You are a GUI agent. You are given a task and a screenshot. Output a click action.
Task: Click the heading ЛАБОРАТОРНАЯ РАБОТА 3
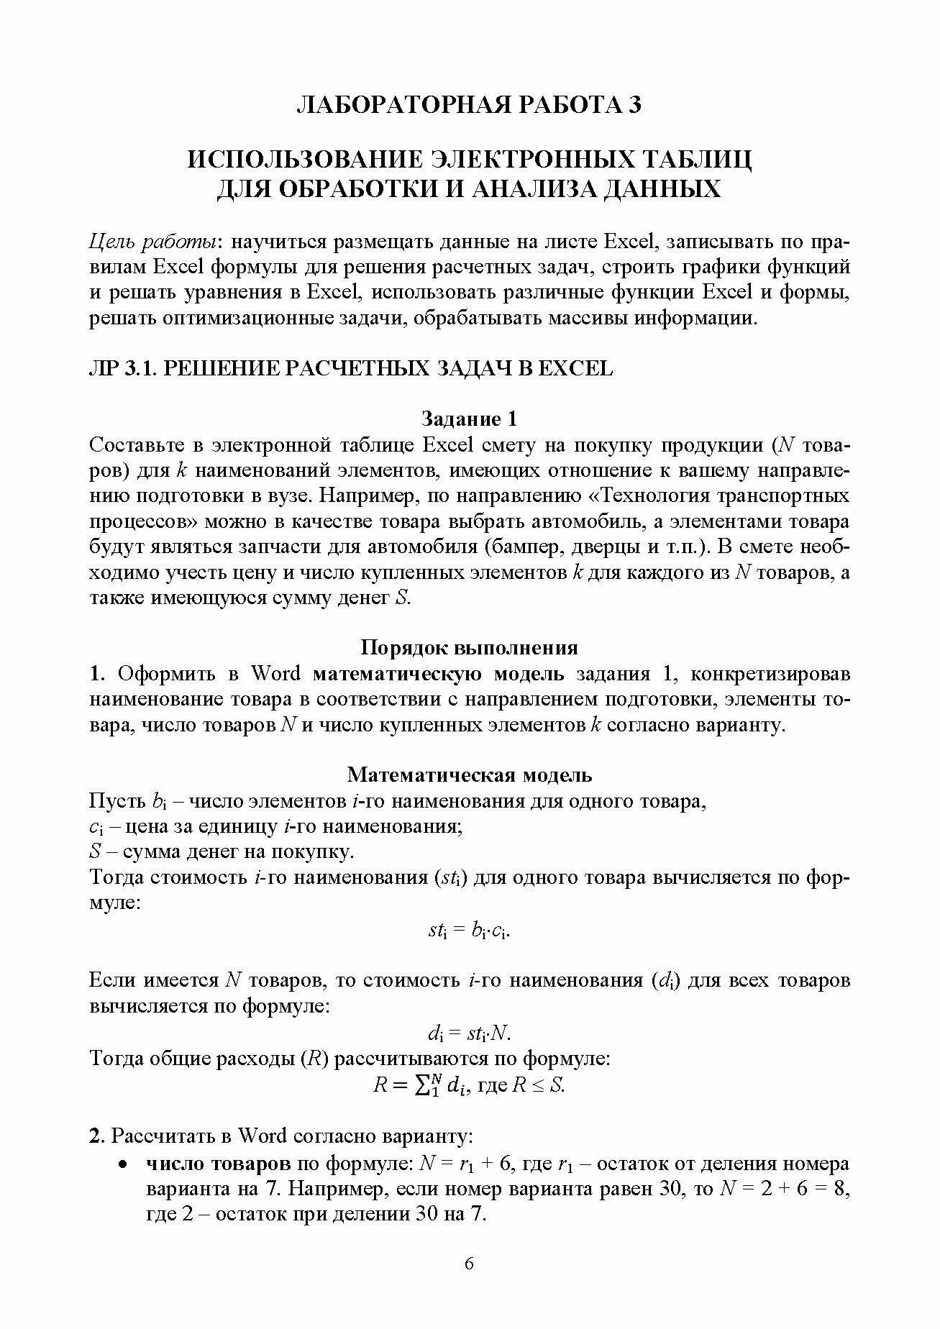[470, 105]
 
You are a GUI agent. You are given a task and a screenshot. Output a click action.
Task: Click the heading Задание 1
[469, 419]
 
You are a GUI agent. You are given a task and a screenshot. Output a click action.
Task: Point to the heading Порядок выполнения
[469, 647]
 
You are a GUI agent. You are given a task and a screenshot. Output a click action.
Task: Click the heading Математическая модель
[469, 775]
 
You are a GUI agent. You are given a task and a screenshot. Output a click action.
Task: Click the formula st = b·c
[469, 931]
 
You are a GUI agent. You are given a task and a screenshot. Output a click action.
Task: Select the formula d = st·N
[469, 1034]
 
